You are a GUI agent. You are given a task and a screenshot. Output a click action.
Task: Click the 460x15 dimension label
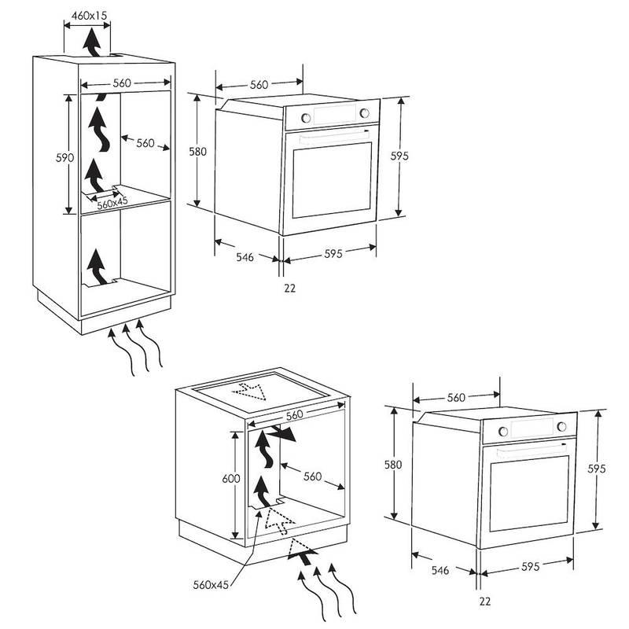pyautogui.click(x=89, y=16)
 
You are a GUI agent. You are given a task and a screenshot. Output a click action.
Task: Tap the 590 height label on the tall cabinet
pyautogui.click(x=64, y=158)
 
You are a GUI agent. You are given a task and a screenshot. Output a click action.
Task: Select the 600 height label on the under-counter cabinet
pyautogui.click(x=230, y=478)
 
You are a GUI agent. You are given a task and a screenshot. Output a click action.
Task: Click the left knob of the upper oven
pyautogui.click(x=306, y=117)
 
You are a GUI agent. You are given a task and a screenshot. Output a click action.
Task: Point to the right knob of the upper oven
pyautogui.click(x=364, y=113)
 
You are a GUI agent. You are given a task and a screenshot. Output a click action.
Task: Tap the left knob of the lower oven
pyautogui.click(x=502, y=431)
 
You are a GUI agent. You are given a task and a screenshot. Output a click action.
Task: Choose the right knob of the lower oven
pyautogui.click(x=561, y=426)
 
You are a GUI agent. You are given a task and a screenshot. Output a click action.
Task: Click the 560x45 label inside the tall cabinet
pyautogui.click(x=112, y=204)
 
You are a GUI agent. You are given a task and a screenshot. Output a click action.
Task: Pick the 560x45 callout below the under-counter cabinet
pyautogui.click(x=211, y=584)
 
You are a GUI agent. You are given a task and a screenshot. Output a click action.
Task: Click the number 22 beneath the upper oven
pyautogui.click(x=289, y=288)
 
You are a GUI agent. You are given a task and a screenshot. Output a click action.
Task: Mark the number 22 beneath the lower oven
pyautogui.click(x=484, y=601)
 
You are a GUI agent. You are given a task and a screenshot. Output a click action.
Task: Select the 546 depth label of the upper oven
pyautogui.click(x=245, y=257)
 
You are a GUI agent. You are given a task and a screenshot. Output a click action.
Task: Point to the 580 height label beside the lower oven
pyautogui.click(x=392, y=465)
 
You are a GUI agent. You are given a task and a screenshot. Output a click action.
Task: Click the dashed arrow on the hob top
pyautogui.click(x=249, y=391)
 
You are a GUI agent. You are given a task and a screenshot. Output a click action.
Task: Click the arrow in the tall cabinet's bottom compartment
pyautogui.click(x=96, y=267)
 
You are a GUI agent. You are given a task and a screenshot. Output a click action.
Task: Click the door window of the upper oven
pyautogui.click(x=332, y=180)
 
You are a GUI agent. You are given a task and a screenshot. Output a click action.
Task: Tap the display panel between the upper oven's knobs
pyautogui.click(x=335, y=114)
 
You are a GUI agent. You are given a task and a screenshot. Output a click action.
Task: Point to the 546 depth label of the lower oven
pyautogui.click(x=440, y=570)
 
